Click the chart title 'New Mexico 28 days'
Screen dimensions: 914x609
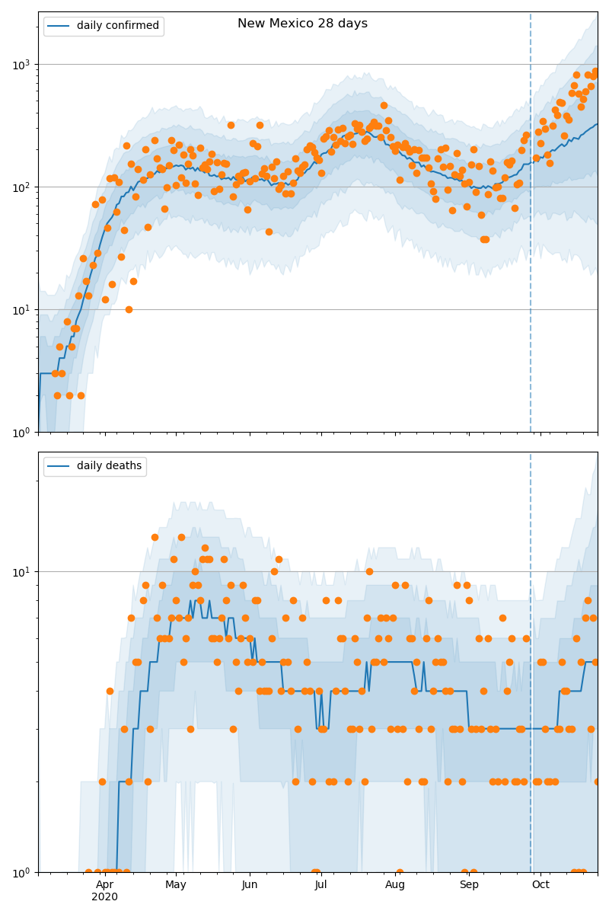coord(302,24)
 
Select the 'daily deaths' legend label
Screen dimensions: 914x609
coord(109,466)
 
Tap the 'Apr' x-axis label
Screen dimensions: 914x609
coord(105,884)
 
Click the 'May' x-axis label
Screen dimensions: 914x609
coord(176,884)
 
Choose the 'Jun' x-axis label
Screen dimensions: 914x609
coord(250,884)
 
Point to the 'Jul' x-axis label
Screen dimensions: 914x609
coord(320,884)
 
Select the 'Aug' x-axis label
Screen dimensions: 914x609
coord(395,884)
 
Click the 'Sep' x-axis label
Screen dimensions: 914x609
coord(469,884)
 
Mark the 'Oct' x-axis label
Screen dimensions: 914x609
coord(540,884)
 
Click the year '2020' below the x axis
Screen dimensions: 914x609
coord(105,896)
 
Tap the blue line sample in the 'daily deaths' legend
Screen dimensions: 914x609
coord(59,466)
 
